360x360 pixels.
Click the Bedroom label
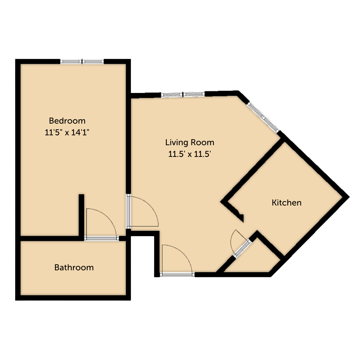point(67,121)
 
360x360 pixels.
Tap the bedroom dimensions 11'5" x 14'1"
point(67,133)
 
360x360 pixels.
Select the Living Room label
point(190,142)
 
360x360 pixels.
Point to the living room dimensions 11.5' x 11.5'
point(190,154)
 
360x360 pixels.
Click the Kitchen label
point(286,203)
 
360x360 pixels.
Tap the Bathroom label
point(74,268)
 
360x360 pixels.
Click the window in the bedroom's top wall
point(82,61)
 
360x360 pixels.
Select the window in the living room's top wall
point(183,94)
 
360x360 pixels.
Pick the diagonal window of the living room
point(263,117)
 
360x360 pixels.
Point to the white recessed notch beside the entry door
point(142,256)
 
